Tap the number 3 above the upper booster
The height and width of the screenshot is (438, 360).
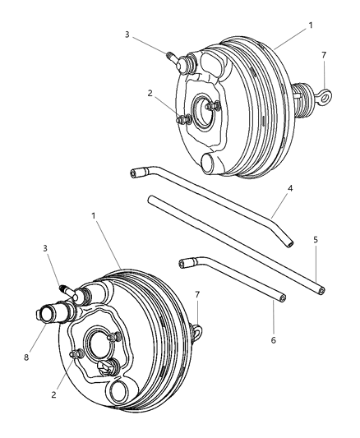coord(127,34)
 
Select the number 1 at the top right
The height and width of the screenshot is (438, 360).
coord(310,25)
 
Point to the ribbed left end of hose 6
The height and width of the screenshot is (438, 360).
coord(183,263)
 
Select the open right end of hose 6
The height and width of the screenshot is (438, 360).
coord(281,297)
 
